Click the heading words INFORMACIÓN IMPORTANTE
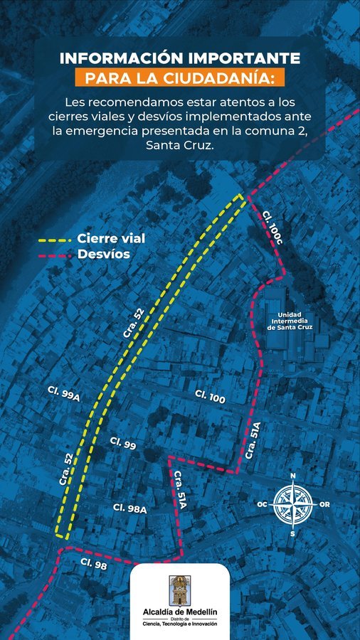click(x=179, y=58)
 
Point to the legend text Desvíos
click(x=103, y=254)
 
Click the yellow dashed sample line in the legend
click(x=55, y=240)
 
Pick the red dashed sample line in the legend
click(x=55, y=255)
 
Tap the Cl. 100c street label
click(x=272, y=228)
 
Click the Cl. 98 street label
click(x=93, y=565)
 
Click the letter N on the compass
click(x=292, y=476)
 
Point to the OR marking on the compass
click(x=324, y=504)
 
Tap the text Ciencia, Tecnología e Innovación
click(x=180, y=624)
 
